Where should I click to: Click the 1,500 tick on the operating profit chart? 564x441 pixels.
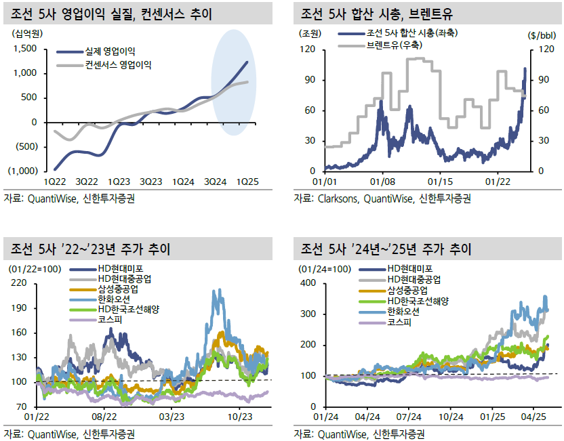click(25, 49)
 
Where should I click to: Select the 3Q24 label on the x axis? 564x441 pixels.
click(215, 182)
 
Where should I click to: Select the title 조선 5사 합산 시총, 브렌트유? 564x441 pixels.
click(377, 14)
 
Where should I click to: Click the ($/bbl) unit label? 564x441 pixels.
click(542, 35)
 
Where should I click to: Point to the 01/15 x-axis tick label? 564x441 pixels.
click(440, 182)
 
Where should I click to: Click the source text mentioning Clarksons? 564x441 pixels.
click(382, 198)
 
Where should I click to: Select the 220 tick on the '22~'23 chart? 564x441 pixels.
click(19, 283)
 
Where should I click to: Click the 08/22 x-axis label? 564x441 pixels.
click(104, 417)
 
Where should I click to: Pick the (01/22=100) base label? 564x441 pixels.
click(35, 269)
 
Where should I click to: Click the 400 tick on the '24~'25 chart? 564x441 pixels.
click(308, 283)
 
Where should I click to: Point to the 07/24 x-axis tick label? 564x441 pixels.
click(409, 417)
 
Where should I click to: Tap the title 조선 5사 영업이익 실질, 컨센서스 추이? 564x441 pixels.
click(111, 14)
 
